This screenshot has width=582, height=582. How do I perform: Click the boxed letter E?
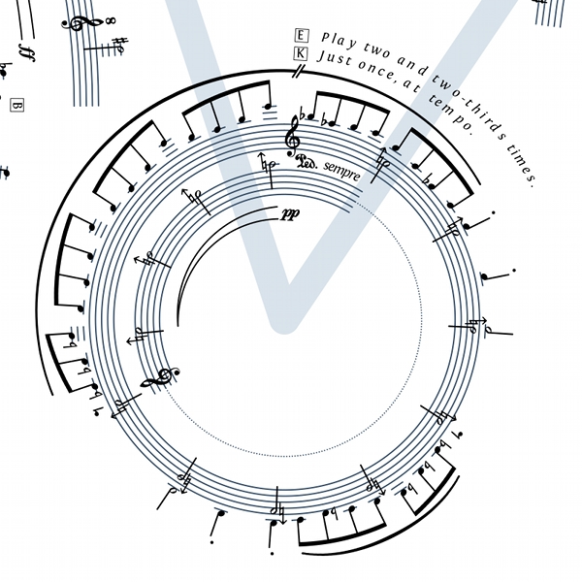click(301, 36)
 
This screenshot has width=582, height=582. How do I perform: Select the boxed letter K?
click(301, 53)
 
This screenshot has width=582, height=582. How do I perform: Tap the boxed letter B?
click(16, 106)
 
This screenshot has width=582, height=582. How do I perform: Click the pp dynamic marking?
click(291, 214)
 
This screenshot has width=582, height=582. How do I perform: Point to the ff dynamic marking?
click(27, 52)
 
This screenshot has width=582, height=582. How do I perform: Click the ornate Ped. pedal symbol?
click(307, 162)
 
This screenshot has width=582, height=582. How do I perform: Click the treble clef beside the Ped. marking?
click(293, 137)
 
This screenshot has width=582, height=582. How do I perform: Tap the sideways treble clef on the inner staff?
click(160, 378)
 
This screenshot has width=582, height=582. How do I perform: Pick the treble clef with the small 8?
click(81, 23)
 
